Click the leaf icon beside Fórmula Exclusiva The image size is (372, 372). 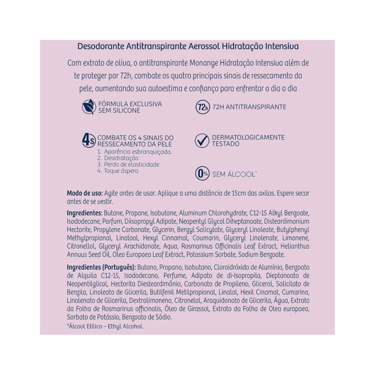[x=87, y=107]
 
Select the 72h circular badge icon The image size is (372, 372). [x=201, y=107]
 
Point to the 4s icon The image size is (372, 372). [x=88, y=140]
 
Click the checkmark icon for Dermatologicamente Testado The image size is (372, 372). [x=201, y=140]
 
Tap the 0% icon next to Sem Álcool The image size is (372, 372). [x=201, y=174]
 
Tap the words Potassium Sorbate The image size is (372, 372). [x=212, y=255]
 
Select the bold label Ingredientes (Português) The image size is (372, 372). [x=101, y=267]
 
